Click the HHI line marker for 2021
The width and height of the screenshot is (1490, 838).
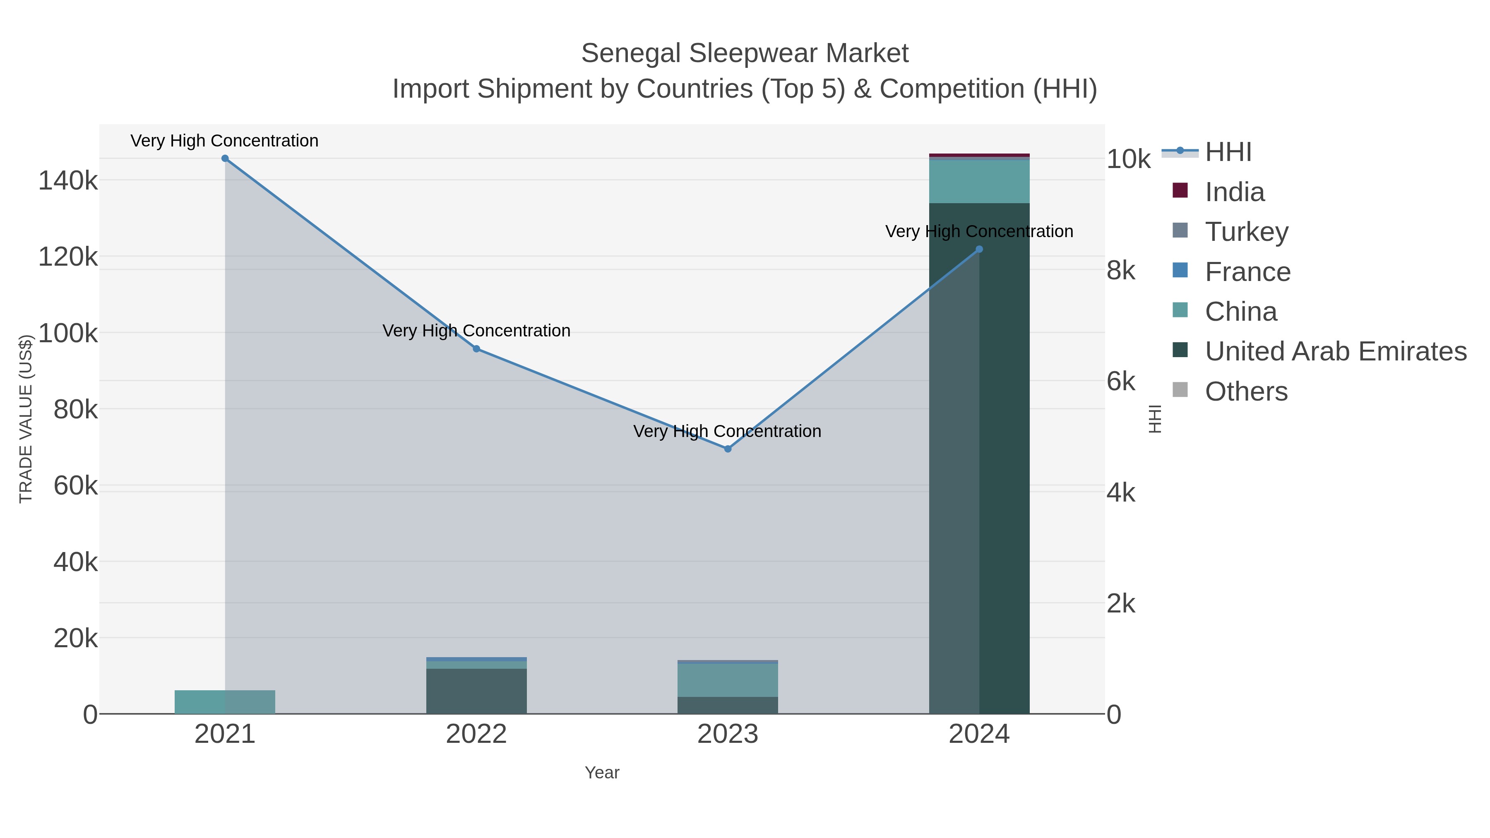pyautogui.click(x=225, y=158)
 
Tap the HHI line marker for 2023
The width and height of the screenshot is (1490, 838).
pyautogui.click(x=728, y=449)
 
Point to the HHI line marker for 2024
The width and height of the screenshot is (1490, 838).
pyautogui.click(x=979, y=249)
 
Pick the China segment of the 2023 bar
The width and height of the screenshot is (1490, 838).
pyautogui.click(x=728, y=680)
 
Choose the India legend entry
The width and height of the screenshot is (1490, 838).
pyautogui.click(x=1234, y=192)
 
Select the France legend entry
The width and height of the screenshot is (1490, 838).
pyautogui.click(x=1247, y=272)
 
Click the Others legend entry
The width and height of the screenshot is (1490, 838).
pyautogui.click(x=1246, y=391)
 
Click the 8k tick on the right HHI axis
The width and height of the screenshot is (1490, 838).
pyautogui.click(x=1121, y=271)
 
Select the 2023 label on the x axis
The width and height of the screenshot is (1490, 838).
pyautogui.click(x=728, y=735)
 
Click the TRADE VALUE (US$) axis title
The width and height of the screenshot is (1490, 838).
pyautogui.click(x=26, y=419)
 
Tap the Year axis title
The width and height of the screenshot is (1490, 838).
pyautogui.click(x=602, y=773)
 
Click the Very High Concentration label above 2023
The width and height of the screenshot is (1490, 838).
pyautogui.click(x=727, y=432)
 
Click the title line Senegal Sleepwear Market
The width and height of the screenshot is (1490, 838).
pyautogui.click(x=745, y=53)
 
